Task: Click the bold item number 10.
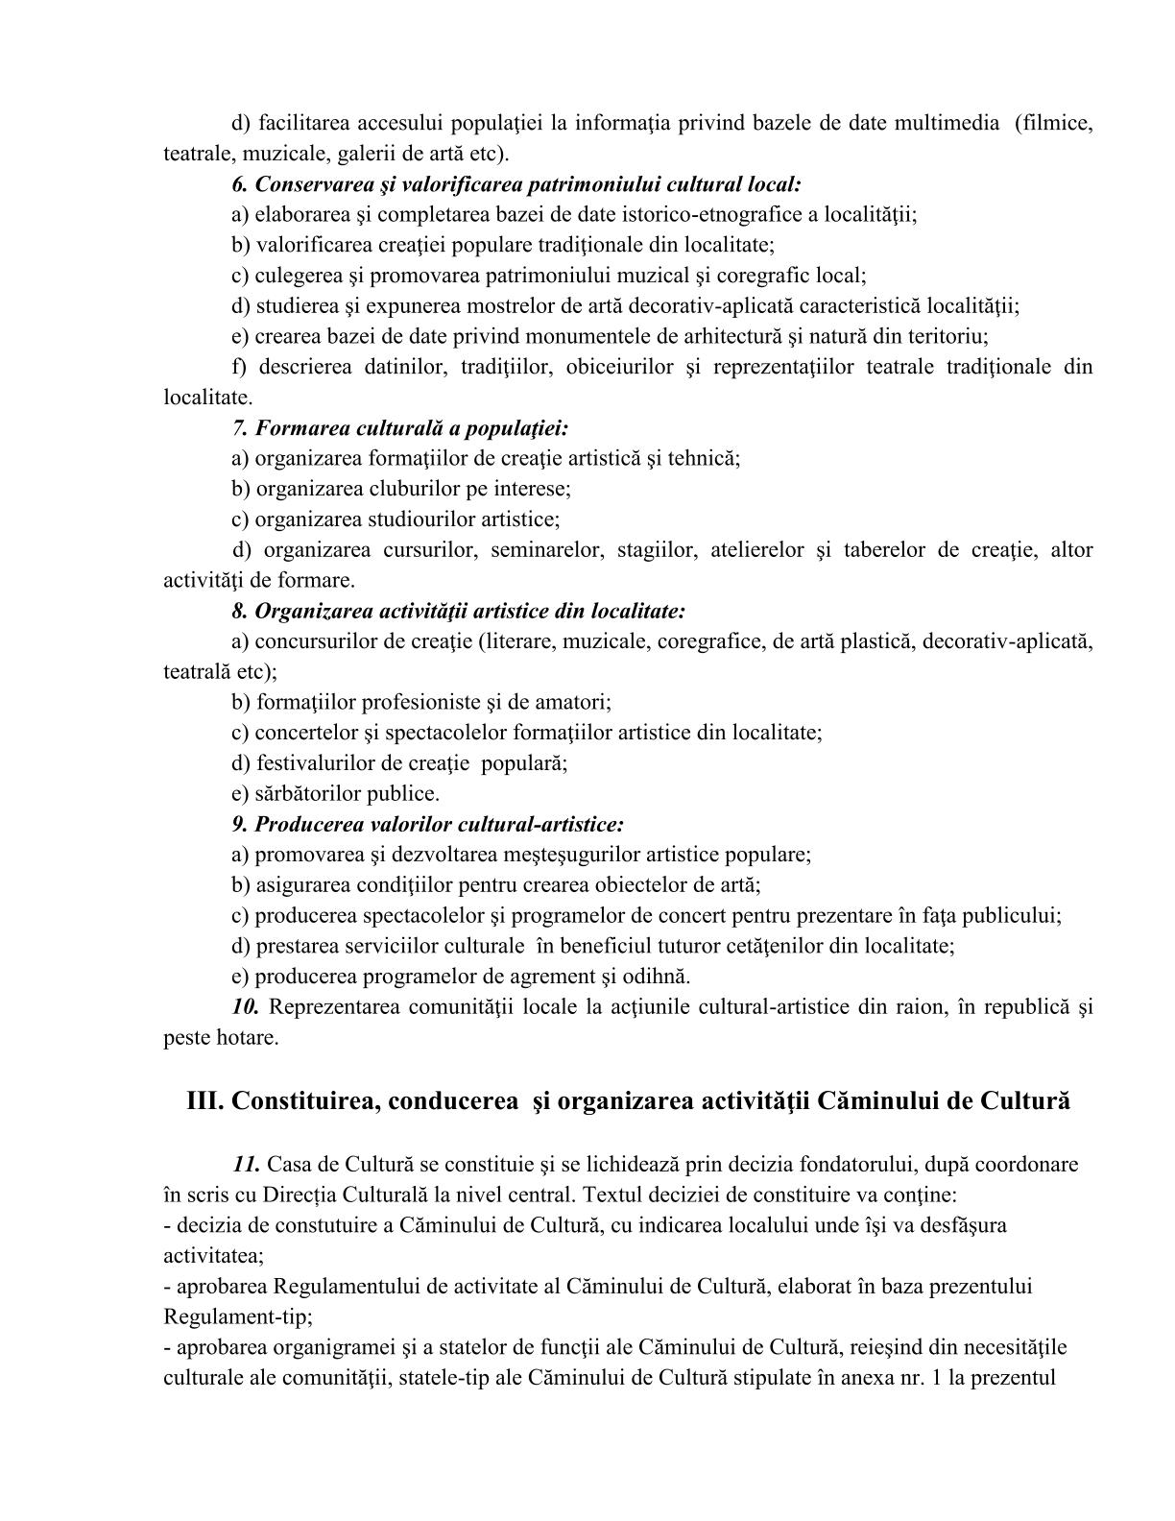coord(246,1007)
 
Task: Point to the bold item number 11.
coord(246,1165)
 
